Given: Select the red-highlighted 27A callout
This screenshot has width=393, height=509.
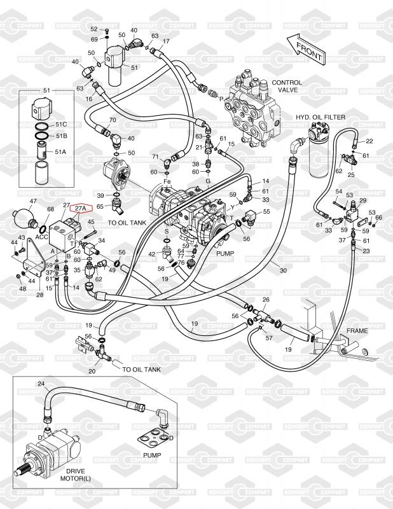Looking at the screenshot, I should pyautogui.click(x=81, y=208).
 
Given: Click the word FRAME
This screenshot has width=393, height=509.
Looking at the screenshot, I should pyautogui.click(x=357, y=331).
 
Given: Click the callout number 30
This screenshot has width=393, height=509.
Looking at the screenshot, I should pyautogui.click(x=283, y=270).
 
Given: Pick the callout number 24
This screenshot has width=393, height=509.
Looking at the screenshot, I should pyautogui.click(x=41, y=384).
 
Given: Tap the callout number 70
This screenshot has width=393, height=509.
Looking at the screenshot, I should pyautogui.click(x=112, y=120).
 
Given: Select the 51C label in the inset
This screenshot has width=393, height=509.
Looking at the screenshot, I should pyautogui.click(x=61, y=123).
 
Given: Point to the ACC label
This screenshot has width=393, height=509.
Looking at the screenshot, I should pyautogui.click(x=41, y=237).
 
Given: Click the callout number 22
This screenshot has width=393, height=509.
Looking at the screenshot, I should pyautogui.click(x=369, y=141).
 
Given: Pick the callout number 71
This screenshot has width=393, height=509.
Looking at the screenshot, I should pyautogui.click(x=155, y=157).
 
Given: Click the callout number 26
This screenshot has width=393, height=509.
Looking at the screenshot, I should pyautogui.click(x=266, y=300).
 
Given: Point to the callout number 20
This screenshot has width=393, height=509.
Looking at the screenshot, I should pyautogui.click(x=92, y=371).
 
